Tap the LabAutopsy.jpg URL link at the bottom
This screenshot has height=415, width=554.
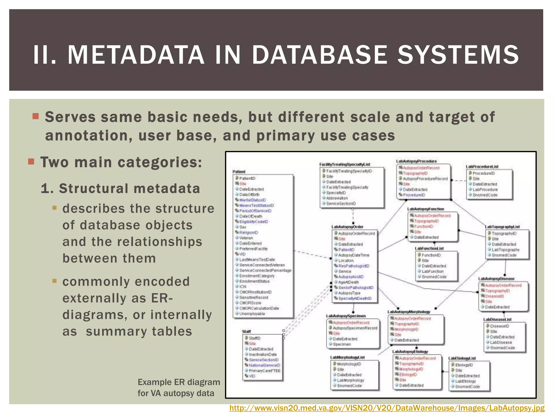pos(387,408)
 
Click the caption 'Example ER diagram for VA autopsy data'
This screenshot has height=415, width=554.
pos(179,388)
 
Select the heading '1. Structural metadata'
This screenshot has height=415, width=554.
pos(120,189)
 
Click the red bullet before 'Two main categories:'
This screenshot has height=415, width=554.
pos(31,162)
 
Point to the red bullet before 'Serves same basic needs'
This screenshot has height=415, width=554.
pos(35,116)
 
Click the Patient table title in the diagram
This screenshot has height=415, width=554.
pos(239,172)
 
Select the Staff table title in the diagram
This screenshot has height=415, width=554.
pos(246,331)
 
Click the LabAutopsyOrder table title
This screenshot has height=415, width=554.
pos(347,227)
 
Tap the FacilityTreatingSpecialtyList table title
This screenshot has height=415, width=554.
pos(345,164)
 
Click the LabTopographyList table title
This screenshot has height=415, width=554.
pos(502,227)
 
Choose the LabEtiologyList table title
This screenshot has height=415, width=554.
pos(462,358)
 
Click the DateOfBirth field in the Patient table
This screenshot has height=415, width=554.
pos(249,195)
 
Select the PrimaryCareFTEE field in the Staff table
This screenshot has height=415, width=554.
pos(265,371)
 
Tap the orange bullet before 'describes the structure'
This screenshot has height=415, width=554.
pos(55,208)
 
